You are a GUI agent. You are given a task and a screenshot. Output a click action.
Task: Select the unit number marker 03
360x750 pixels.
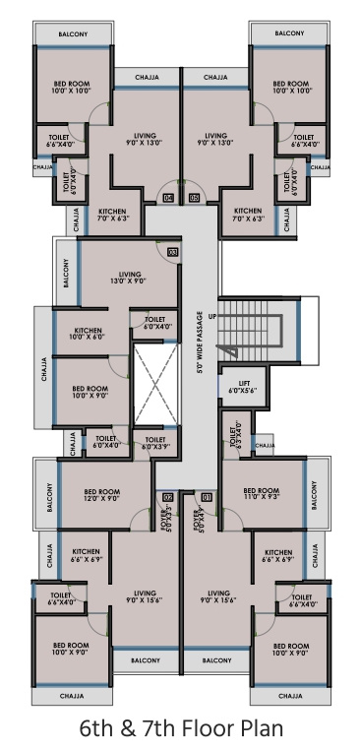(x=172, y=253)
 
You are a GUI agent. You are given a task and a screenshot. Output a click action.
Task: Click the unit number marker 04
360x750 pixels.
(x=168, y=198)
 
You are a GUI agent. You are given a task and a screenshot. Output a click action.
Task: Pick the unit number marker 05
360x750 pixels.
(x=194, y=198)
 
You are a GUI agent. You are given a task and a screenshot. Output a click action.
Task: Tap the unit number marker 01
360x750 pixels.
(x=207, y=497)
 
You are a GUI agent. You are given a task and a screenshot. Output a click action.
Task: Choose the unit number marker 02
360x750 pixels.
(x=167, y=497)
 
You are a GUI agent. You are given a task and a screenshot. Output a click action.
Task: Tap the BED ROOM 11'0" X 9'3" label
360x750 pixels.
(x=261, y=494)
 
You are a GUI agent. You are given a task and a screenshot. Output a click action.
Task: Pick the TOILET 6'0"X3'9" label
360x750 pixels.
(x=153, y=442)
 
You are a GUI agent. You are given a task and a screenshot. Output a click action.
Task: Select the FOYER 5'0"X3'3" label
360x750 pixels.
(x=163, y=515)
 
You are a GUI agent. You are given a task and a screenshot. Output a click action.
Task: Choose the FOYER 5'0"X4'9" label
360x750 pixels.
(x=202, y=515)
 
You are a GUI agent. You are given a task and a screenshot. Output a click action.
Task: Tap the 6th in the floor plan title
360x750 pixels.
(x=99, y=728)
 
